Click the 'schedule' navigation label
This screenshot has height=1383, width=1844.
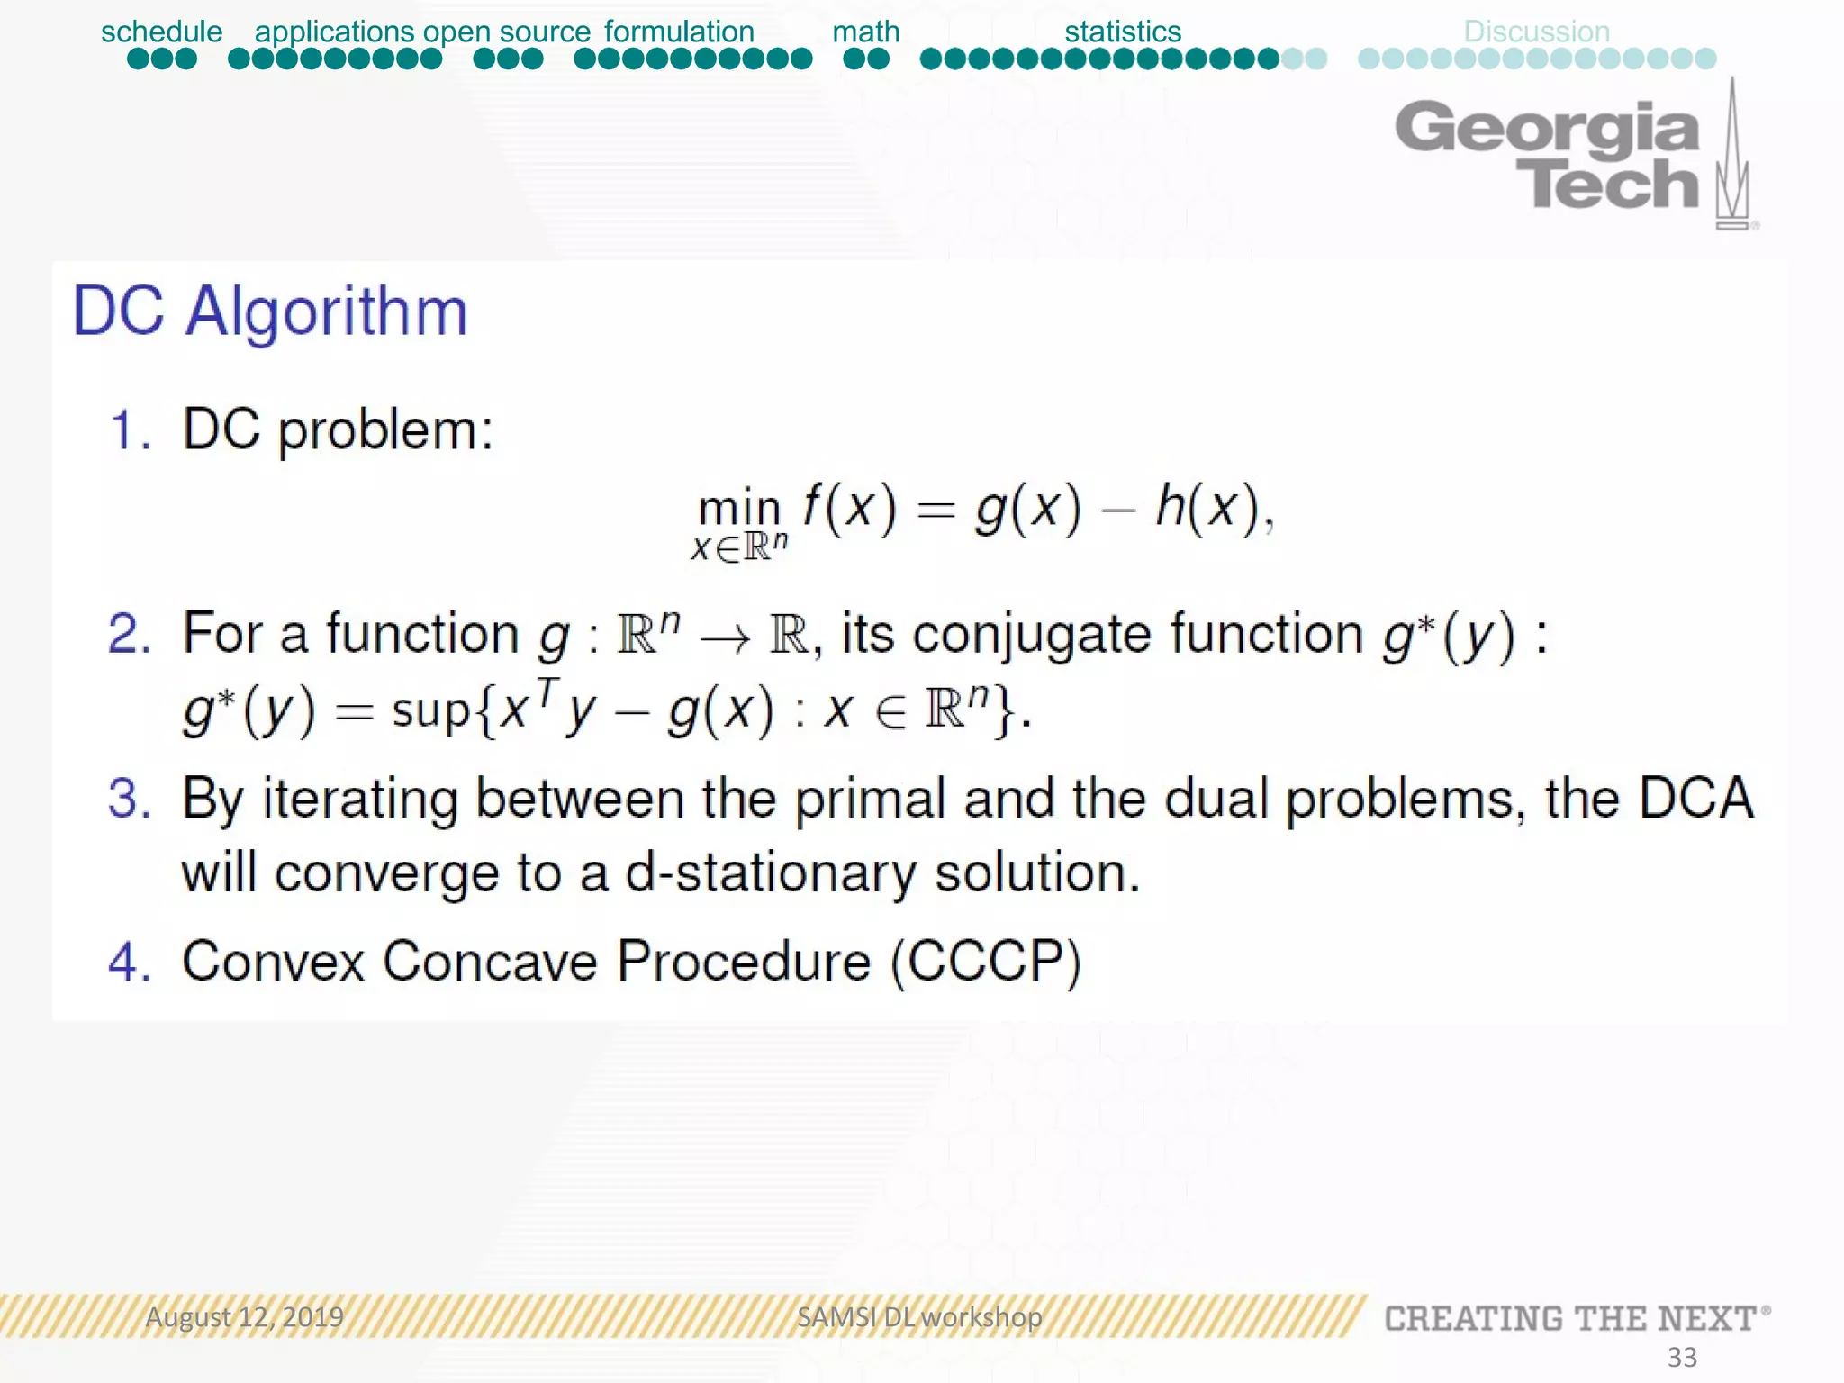pyautogui.click(x=161, y=32)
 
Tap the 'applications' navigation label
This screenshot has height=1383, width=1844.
pyautogui.click(x=334, y=32)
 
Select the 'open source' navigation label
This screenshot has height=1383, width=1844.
pyautogui.click(x=507, y=32)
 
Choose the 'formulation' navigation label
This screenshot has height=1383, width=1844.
pyautogui.click(x=679, y=32)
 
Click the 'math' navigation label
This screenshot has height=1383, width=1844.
pyautogui.click(x=865, y=32)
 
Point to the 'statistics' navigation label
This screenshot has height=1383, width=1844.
pyautogui.click(x=1123, y=32)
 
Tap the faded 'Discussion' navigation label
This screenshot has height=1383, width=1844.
pyautogui.click(x=1536, y=32)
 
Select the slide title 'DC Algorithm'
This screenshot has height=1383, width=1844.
pyautogui.click(x=270, y=312)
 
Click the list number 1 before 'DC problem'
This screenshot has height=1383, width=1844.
pyautogui.click(x=129, y=429)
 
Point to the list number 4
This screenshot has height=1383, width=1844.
pyautogui.click(x=129, y=962)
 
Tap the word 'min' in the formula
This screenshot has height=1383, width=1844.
pyautogui.click(x=739, y=508)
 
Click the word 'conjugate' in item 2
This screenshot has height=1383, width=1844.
pyautogui.click(x=1031, y=634)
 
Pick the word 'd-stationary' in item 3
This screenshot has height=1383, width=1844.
pyautogui.click(x=771, y=873)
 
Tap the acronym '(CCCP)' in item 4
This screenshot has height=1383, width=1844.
pyautogui.click(x=986, y=962)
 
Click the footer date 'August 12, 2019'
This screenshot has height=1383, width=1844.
pyautogui.click(x=245, y=1317)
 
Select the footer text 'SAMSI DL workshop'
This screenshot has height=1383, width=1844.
pyautogui.click(x=919, y=1317)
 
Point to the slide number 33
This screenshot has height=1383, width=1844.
pyautogui.click(x=1682, y=1357)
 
